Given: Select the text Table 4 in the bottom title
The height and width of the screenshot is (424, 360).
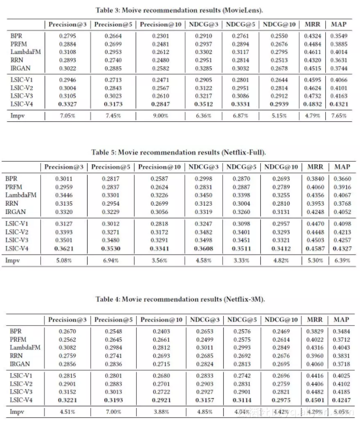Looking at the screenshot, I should tap(108, 299).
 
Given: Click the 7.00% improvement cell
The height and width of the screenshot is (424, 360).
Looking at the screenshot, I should tap(111, 412).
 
